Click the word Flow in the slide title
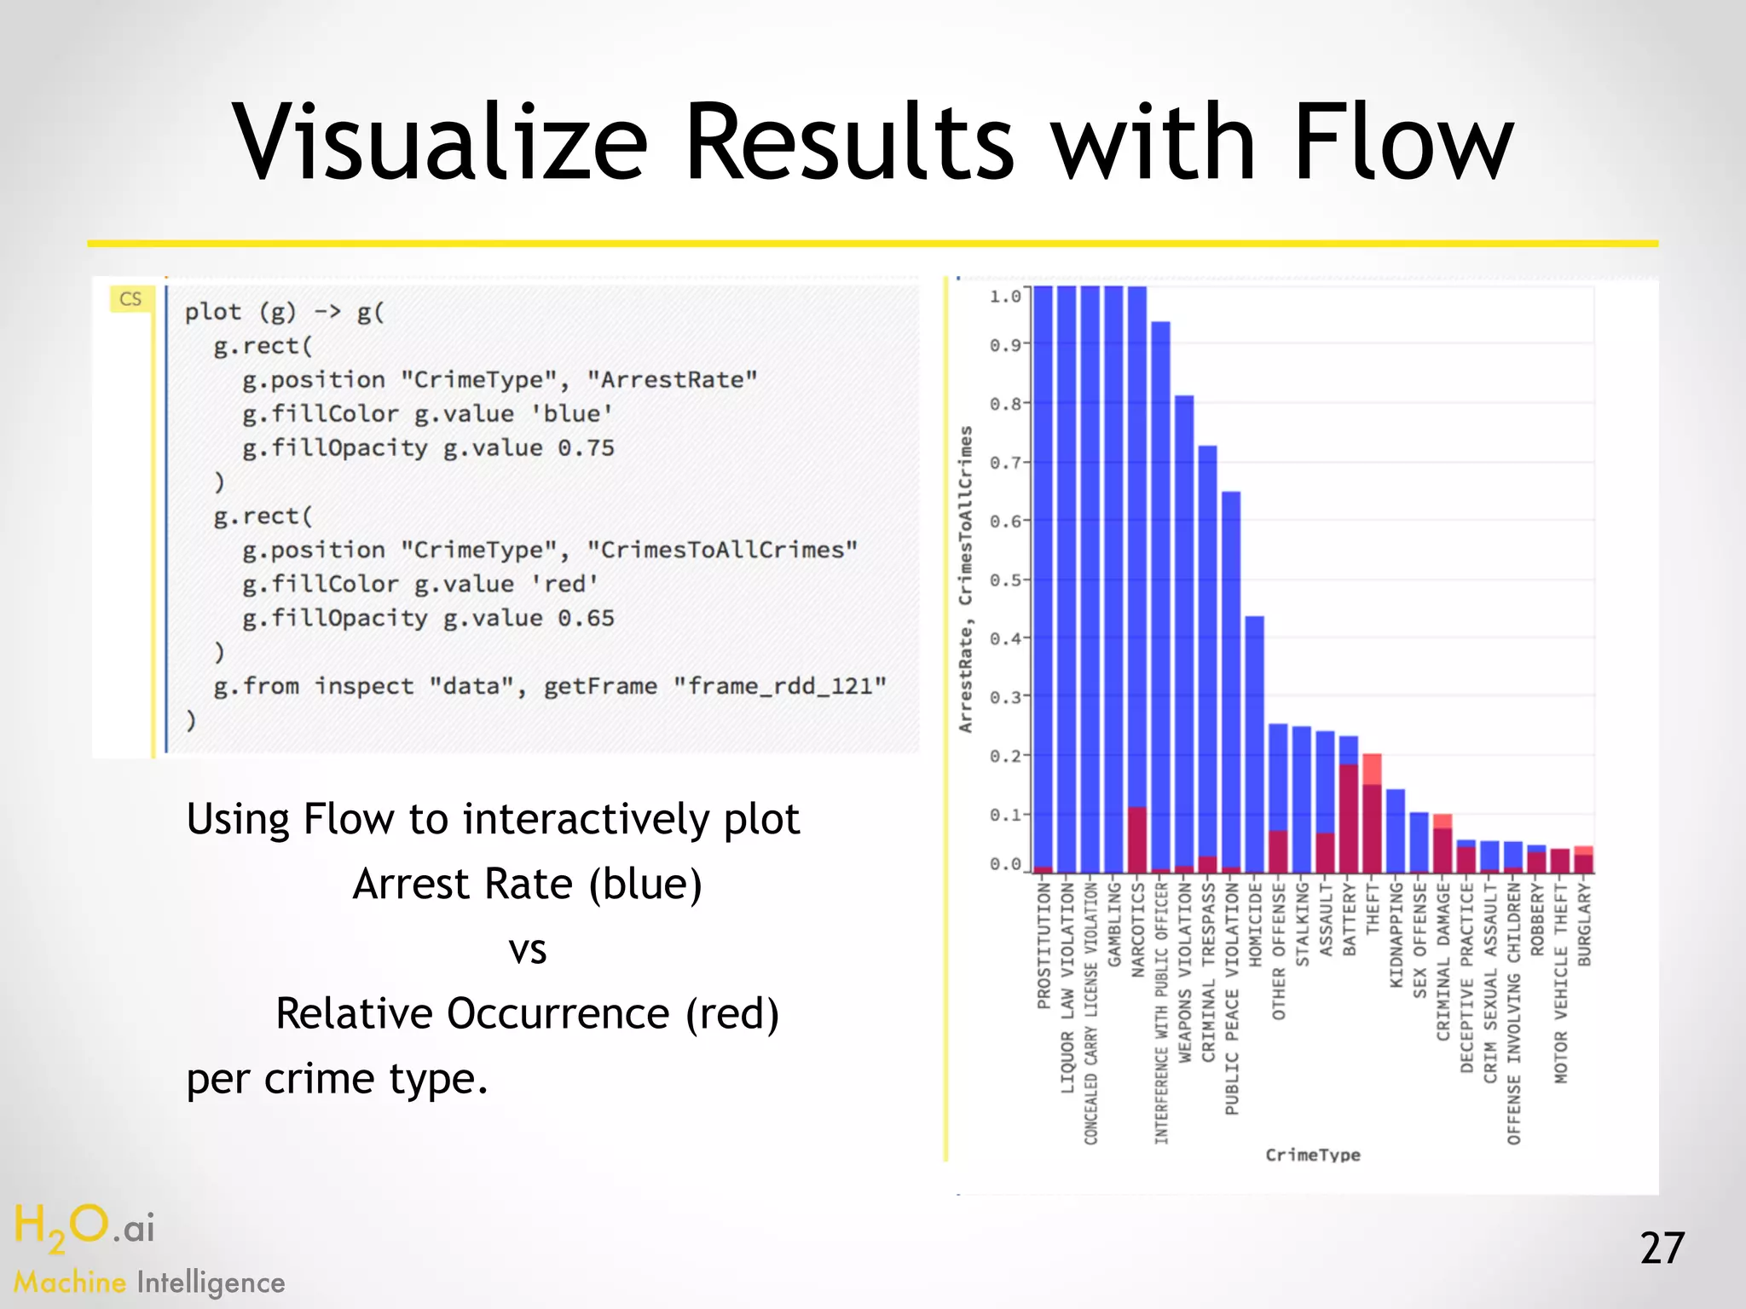click(x=1403, y=142)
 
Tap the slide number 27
click(x=1662, y=1248)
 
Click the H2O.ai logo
click(x=84, y=1228)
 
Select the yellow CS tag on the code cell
click(x=130, y=299)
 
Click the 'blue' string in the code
click(x=571, y=414)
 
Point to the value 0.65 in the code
click(x=586, y=619)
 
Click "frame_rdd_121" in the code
click(x=779, y=687)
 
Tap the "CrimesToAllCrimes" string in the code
click(x=721, y=551)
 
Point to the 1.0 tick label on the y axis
click(x=1004, y=297)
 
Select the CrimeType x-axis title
click(x=1312, y=1156)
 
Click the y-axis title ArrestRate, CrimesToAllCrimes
click(x=965, y=580)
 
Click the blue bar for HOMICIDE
click(x=1254, y=741)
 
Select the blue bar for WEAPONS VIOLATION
click(x=1184, y=631)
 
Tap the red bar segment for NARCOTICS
click(x=1137, y=839)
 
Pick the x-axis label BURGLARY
click(x=1584, y=925)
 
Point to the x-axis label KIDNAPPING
click(x=1396, y=935)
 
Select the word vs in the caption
click(x=527, y=949)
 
